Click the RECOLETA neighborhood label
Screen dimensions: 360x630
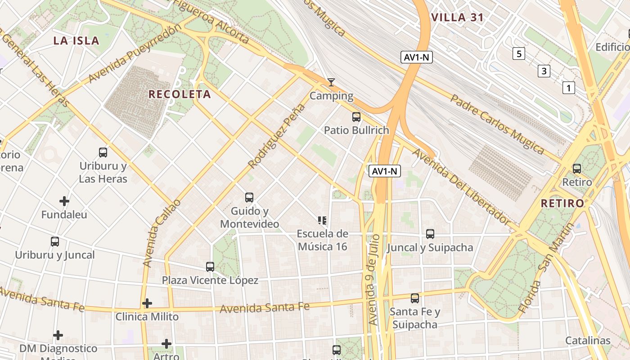tap(180, 94)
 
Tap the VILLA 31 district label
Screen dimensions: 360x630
tap(457, 18)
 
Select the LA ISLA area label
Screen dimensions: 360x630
tap(76, 40)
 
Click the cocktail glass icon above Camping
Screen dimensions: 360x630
tap(331, 82)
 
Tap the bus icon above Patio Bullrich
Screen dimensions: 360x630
tap(356, 117)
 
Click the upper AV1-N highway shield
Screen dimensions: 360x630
tap(417, 57)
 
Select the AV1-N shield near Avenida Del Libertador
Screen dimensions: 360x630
tap(385, 171)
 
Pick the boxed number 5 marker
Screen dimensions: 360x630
tap(519, 54)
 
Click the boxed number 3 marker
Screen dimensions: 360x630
tap(544, 71)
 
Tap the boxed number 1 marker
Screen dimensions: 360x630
tap(568, 88)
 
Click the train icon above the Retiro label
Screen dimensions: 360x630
tap(576, 169)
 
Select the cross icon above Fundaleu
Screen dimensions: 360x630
tap(64, 201)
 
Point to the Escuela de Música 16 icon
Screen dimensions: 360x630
tap(322, 220)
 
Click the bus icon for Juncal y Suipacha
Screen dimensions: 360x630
tap(430, 234)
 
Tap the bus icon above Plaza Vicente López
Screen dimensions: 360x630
tap(210, 267)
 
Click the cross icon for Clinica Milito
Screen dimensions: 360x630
tap(147, 303)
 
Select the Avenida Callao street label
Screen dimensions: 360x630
tap(162, 233)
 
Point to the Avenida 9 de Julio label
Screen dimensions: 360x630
tap(374, 279)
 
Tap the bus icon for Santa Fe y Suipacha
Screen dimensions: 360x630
tap(414, 298)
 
